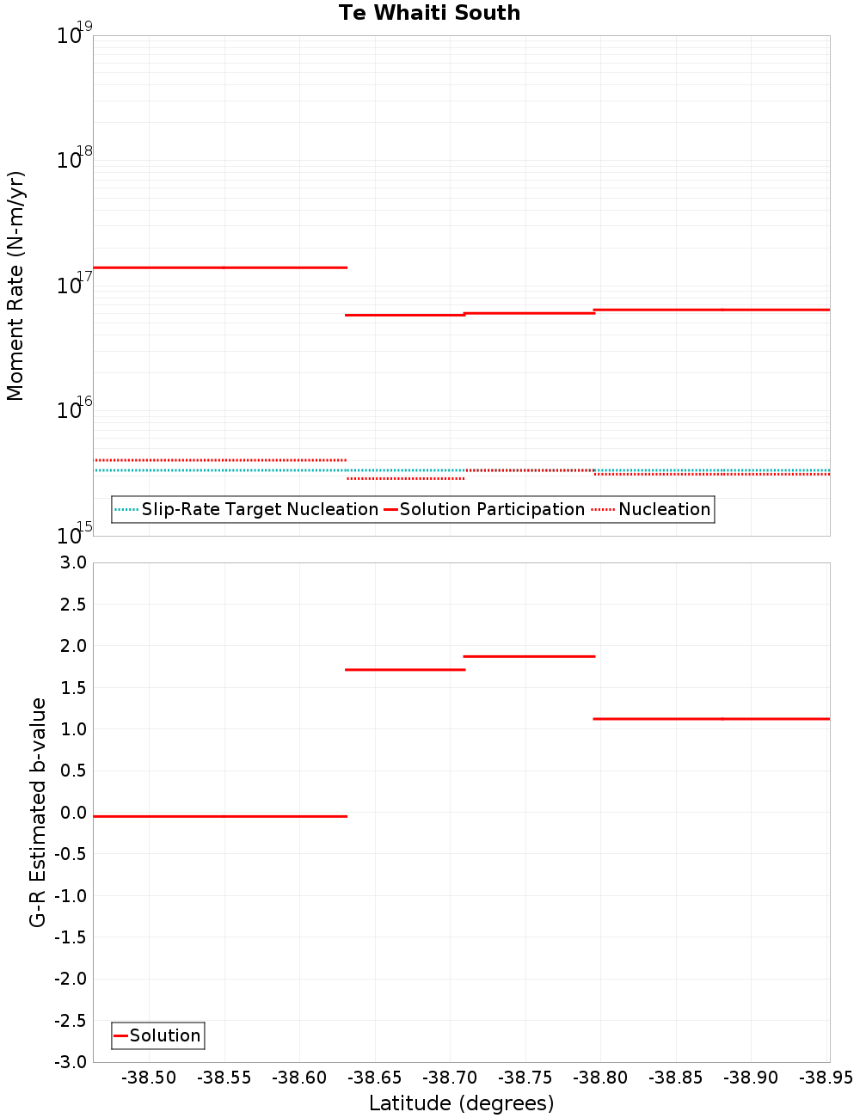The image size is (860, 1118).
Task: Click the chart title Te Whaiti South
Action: pos(429,13)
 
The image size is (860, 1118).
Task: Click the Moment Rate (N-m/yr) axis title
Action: pos(15,286)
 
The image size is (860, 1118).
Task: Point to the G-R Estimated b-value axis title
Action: pos(38,812)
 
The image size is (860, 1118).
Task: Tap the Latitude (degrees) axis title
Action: pos(461,1103)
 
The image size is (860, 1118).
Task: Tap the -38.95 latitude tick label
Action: pos(826,1078)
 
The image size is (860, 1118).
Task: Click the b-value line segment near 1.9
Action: pos(529,656)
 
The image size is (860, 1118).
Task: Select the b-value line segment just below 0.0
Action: pos(219,816)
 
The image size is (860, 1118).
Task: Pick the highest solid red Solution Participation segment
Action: pos(219,267)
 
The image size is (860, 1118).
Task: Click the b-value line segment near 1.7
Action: pos(404,669)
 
